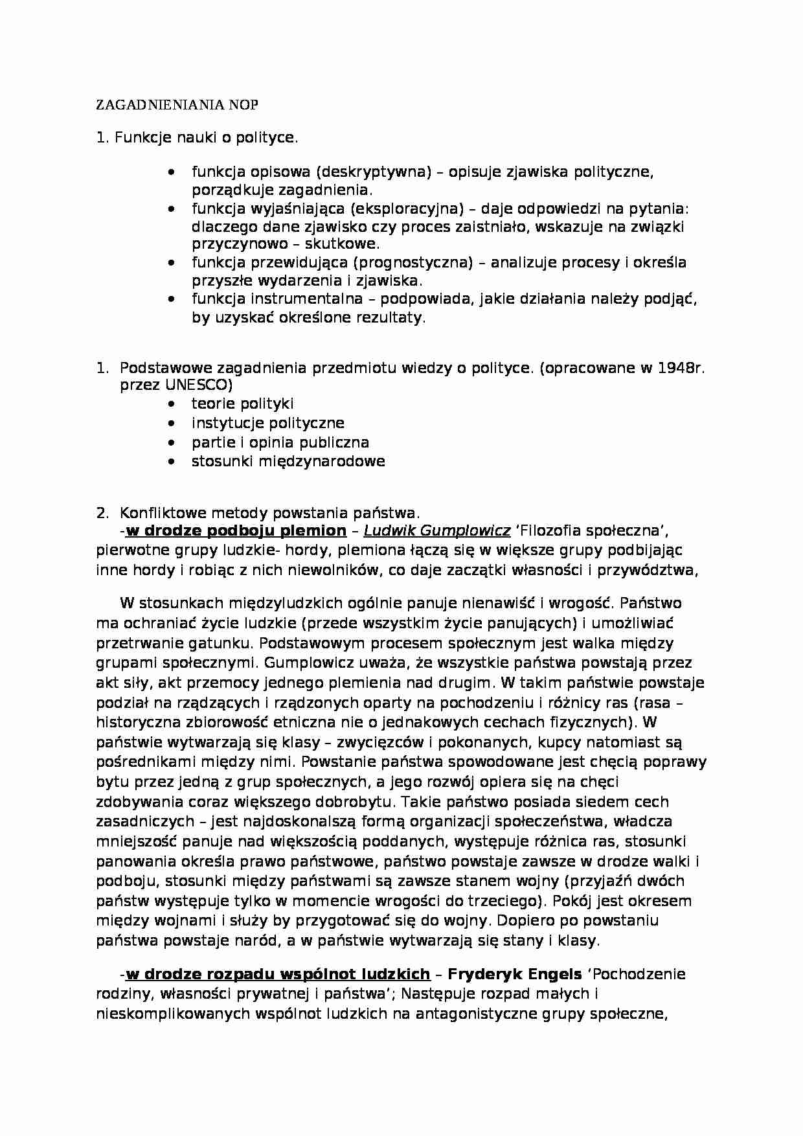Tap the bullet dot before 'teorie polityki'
click(171, 404)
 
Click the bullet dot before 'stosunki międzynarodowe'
click(171, 462)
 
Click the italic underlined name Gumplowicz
click(466, 531)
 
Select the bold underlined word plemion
click(315, 531)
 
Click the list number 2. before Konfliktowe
click(102, 513)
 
